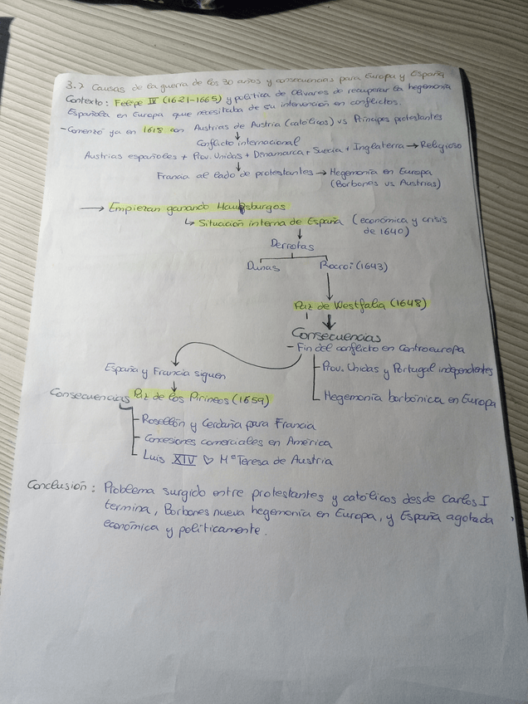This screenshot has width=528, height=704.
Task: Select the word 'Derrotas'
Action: (x=292, y=246)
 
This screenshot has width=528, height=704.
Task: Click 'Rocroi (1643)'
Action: (x=354, y=267)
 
